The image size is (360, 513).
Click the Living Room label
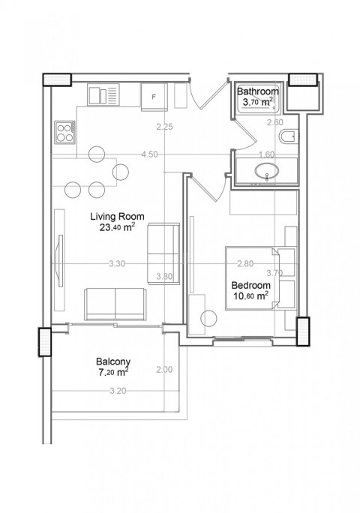click(117, 216)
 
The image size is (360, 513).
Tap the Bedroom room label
click(251, 285)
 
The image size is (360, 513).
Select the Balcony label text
click(113, 361)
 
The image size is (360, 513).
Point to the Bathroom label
click(258, 91)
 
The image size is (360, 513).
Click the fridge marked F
click(154, 97)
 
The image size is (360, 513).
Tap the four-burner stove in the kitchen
click(64, 133)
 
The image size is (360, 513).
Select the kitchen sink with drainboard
click(103, 94)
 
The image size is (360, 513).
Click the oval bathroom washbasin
click(267, 172)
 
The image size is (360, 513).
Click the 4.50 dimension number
click(150, 154)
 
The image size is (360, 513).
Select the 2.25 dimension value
click(164, 127)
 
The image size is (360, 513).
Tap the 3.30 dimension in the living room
click(117, 264)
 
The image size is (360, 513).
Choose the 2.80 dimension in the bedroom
click(245, 264)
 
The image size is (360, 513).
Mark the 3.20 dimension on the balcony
click(118, 391)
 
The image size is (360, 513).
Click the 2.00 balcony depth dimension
click(164, 370)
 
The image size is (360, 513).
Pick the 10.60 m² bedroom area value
click(251, 296)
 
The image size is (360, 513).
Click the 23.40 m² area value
click(117, 227)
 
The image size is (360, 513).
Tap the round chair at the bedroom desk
click(208, 318)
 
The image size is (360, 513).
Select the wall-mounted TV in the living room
click(60, 261)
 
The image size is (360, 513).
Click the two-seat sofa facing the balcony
click(115, 304)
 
